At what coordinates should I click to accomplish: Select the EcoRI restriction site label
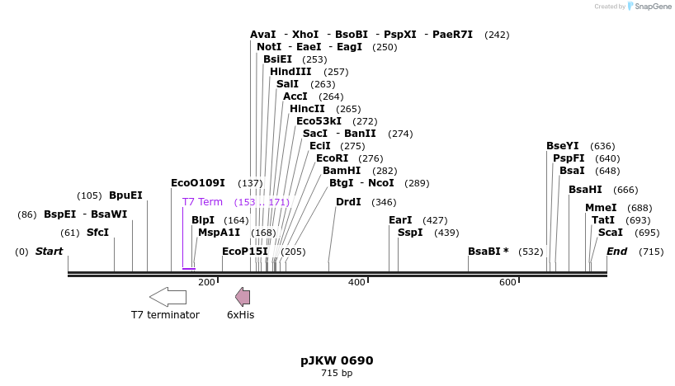332,158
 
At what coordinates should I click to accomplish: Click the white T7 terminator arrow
168,297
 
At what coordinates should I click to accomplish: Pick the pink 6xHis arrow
243,297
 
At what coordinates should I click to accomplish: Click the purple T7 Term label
202,202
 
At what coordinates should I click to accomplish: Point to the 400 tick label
356,283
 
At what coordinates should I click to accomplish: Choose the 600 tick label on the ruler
507,283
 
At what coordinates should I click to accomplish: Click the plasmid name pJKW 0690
337,360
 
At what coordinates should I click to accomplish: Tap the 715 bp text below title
337,374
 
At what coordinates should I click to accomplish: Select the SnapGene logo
649,7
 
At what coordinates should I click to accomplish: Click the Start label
49,252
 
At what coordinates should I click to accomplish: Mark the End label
616,252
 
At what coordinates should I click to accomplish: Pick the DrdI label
348,202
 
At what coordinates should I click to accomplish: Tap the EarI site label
400,220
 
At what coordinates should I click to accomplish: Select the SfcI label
97,233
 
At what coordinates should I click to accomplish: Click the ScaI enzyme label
611,233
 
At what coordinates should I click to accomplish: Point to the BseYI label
563,146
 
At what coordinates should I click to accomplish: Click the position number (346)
384,202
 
